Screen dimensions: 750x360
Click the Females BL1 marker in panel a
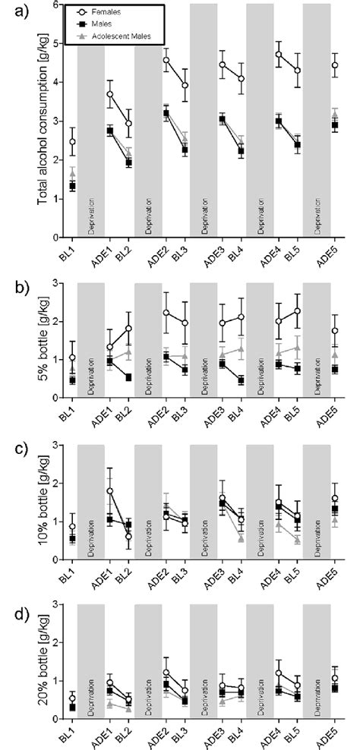[73, 142]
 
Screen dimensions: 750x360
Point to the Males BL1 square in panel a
[73, 186]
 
